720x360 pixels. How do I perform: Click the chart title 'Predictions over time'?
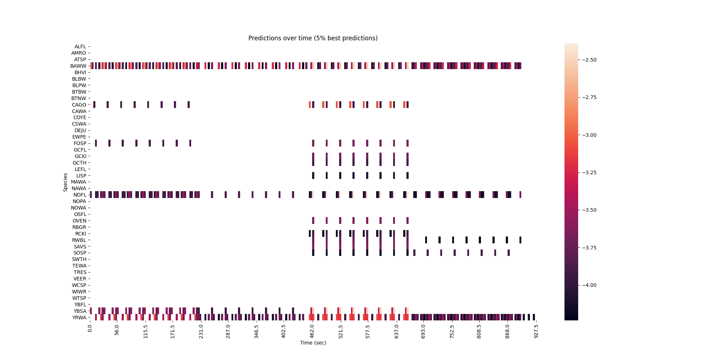tap(313, 38)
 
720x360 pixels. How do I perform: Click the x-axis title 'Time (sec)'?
tap(313, 343)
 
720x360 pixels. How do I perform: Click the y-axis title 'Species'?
tap(66, 182)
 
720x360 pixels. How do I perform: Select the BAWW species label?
tap(78, 66)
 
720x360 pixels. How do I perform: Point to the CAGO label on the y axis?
tap(79, 105)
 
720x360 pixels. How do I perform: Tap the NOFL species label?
tap(79, 195)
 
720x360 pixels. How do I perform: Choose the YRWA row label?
tap(79, 318)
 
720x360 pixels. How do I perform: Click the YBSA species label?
tap(80, 311)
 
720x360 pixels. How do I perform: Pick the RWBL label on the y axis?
tap(79, 240)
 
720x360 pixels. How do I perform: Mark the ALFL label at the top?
tap(80, 46)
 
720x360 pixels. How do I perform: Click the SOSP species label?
tap(80, 253)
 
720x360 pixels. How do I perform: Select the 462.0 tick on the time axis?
tap(312, 332)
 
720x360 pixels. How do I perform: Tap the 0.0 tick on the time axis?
tap(90, 329)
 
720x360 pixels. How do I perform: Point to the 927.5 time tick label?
tap(536, 332)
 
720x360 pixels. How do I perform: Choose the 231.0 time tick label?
tap(201, 332)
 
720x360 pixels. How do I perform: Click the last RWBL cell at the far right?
tap(520, 240)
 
